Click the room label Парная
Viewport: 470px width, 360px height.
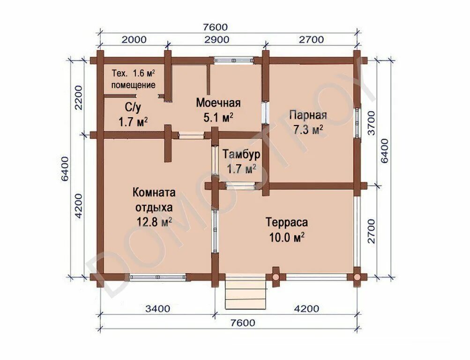(x=307, y=115)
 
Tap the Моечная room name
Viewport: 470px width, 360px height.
(x=218, y=103)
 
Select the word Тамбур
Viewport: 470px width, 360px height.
(x=241, y=154)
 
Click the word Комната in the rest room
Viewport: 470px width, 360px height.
(x=154, y=193)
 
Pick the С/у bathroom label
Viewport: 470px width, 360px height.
(x=133, y=107)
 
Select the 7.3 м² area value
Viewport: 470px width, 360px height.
(x=307, y=130)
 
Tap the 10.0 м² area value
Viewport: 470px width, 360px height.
(x=286, y=237)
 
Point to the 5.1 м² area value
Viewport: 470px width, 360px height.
(x=218, y=118)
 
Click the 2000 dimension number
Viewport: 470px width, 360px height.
(x=134, y=40)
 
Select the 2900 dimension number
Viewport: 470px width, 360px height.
(x=216, y=40)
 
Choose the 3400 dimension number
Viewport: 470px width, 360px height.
(x=158, y=308)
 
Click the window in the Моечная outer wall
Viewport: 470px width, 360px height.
(x=234, y=60)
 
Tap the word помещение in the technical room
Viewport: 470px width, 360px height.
(x=134, y=85)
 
